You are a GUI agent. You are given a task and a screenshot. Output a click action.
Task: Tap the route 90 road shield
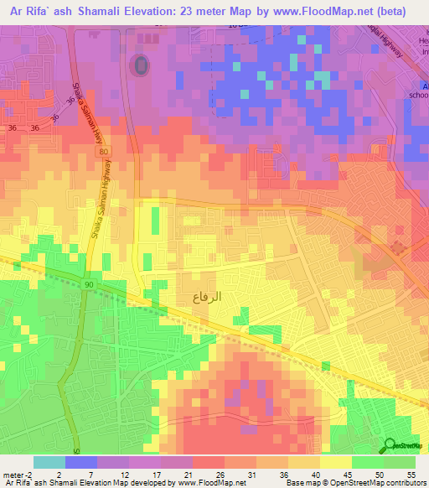[89, 286]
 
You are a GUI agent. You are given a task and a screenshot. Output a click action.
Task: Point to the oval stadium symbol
[140, 65]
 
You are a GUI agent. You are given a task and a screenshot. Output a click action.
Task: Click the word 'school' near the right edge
[418, 96]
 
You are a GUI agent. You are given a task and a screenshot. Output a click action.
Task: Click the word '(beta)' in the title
[391, 12]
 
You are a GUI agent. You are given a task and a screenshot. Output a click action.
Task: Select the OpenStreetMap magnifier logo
[390, 445]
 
